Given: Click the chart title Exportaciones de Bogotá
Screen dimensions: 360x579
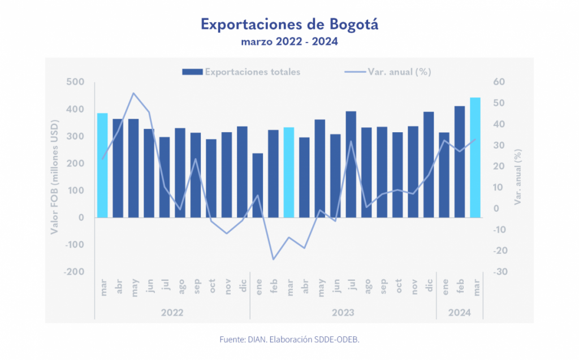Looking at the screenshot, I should click(x=289, y=25).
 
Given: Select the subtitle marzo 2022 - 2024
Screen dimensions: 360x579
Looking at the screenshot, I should click(x=289, y=42).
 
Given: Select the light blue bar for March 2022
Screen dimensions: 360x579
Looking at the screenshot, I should click(x=102, y=165).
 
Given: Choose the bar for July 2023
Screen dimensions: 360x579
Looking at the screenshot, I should click(x=351, y=164).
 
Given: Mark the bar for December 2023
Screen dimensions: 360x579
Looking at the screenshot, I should click(x=429, y=164).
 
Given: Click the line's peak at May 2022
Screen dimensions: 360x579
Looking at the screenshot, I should click(x=133, y=93).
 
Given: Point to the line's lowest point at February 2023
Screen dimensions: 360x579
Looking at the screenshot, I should click(x=273, y=259).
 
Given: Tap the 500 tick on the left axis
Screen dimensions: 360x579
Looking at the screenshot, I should click(x=76, y=83).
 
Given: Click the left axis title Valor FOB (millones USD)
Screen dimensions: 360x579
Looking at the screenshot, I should click(x=55, y=177).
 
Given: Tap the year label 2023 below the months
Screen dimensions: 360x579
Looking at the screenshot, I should click(x=343, y=311).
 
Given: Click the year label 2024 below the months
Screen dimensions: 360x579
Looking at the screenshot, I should click(x=459, y=311).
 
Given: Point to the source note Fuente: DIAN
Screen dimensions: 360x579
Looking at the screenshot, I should click(x=289, y=340).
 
